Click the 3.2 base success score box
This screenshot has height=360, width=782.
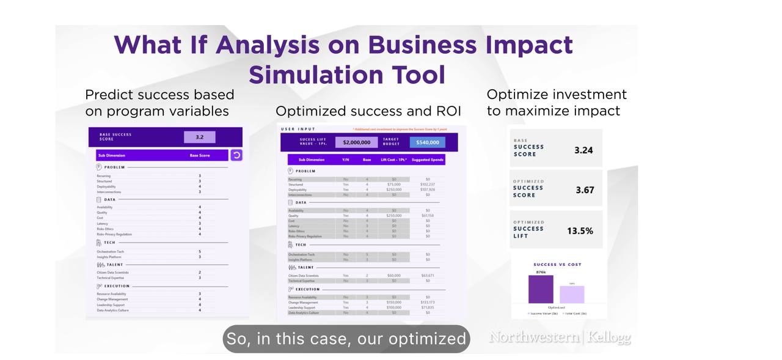199,137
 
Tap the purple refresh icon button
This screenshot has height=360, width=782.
236,155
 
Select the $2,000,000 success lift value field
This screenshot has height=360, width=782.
356,142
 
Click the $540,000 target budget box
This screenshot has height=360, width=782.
428,142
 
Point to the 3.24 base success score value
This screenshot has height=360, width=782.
583,150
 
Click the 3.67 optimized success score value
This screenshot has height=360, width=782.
585,190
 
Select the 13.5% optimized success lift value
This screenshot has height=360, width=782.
580,231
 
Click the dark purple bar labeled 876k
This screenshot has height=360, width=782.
541,290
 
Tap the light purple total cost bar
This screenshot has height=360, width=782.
572,295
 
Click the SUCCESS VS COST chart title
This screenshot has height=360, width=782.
557,265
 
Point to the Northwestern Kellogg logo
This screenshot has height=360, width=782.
560,337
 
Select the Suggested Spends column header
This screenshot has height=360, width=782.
428,160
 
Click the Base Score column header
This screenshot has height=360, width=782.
199,155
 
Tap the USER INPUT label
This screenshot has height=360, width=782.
298,129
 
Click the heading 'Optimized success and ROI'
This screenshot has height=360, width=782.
368,111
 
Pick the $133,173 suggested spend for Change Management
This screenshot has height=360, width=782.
428,302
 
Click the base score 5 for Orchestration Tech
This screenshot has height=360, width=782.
199,251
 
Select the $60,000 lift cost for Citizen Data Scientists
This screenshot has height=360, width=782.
393,276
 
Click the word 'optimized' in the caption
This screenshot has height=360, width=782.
427,339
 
